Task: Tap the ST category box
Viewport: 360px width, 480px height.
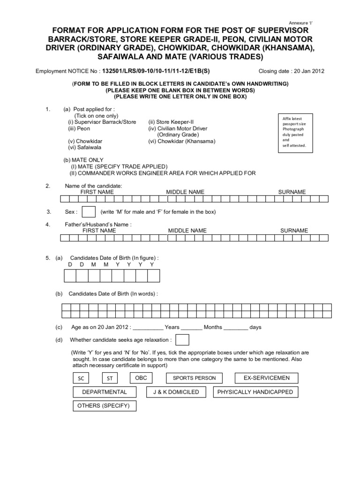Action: pyautogui.click(x=109, y=379)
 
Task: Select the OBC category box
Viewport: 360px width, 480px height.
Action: pyautogui.click(x=141, y=378)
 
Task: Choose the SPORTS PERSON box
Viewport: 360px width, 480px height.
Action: pyautogui.click(x=194, y=378)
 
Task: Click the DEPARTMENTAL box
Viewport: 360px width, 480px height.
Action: pyautogui.click(x=104, y=392)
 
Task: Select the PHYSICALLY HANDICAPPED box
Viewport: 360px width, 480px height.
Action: pyautogui.click(x=255, y=392)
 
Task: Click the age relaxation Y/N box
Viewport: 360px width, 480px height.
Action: pyautogui.click(x=182, y=340)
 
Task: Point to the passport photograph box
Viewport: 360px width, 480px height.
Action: pyautogui.click(x=293, y=132)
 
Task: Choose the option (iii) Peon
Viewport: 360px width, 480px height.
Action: pyautogui.click(x=79, y=128)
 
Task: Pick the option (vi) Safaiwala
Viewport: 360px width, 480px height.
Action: pyautogui.click(x=85, y=147)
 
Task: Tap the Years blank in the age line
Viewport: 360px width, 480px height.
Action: pyautogui.click(x=148, y=328)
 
